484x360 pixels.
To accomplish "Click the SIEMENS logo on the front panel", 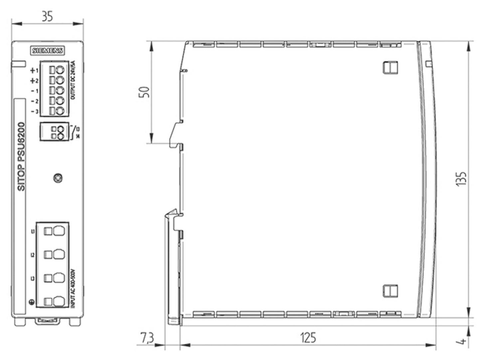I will coord(48,51).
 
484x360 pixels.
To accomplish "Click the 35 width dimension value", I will coord(47,16).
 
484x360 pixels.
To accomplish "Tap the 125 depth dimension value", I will coord(308,338).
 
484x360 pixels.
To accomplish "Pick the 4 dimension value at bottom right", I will coord(462,341).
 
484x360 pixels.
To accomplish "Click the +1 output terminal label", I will coord(34,71).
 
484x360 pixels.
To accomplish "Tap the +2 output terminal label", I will coord(34,81).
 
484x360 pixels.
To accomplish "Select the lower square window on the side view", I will coord(390,290).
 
